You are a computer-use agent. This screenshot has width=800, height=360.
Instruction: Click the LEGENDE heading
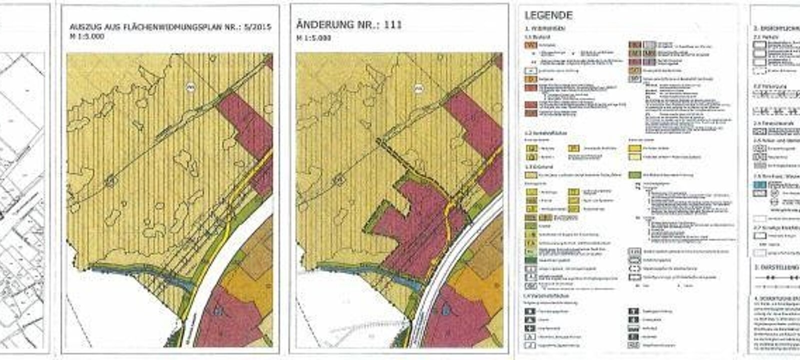pos(548,15)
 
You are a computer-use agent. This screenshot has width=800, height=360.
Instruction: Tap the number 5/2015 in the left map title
pos(255,27)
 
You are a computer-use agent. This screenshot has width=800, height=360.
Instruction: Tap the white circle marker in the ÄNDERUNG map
pos(418,88)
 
